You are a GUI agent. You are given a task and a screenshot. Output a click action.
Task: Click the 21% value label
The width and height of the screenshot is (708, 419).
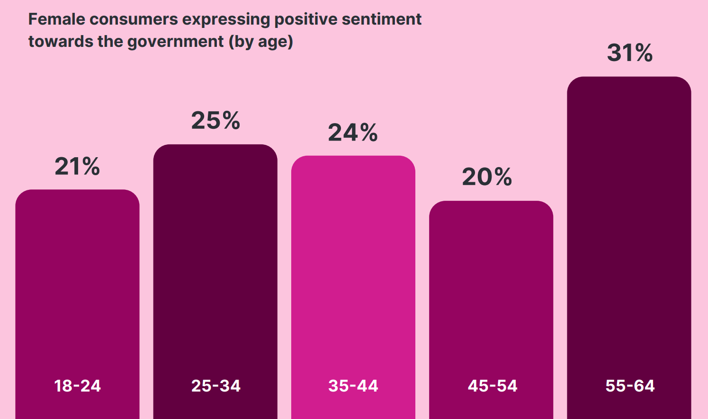click(77, 167)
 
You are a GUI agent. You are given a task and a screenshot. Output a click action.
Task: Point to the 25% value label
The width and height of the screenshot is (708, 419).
click(215, 121)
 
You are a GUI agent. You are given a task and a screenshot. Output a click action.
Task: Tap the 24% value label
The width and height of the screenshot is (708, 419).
click(353, 133)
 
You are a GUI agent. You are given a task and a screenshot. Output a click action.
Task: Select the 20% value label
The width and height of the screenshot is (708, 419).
click(487, 177)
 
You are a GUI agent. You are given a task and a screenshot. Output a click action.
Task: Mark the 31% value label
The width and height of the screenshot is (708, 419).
click(630, 53)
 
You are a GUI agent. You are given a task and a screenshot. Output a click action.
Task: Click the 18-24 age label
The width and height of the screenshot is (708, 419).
click(78, 386)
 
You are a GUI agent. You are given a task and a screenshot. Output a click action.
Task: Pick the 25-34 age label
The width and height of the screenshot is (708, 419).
click(216, 386)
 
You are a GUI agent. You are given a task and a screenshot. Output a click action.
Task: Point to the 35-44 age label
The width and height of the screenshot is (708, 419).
click(353, 386)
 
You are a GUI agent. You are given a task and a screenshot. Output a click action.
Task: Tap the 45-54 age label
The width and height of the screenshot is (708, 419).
click(493, 386)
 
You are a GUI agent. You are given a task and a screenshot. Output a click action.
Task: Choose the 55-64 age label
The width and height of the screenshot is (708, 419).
click(630, 386)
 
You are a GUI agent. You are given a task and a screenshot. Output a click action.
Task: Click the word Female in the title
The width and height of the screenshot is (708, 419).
click(56, 19)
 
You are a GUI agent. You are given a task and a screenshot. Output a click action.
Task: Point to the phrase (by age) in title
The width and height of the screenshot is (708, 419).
click(261, 42)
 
